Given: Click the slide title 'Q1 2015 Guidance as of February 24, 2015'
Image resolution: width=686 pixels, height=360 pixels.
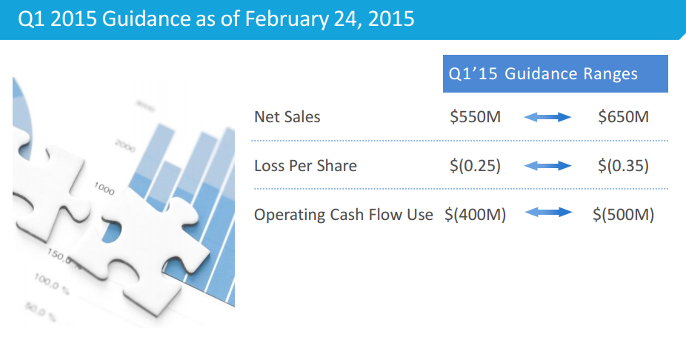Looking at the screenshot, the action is (x=216, y=19).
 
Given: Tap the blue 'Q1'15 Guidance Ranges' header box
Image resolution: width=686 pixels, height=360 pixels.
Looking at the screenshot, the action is (x=555, y=73).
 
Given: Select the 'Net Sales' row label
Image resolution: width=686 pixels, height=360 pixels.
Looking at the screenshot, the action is (x=287, y=117).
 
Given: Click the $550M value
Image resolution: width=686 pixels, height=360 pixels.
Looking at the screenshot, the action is (x=475, y=117).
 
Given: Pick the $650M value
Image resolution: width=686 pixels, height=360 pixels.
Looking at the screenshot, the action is (x=623, y=117).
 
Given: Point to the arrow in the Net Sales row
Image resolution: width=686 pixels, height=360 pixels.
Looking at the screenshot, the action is (x=547, y=117).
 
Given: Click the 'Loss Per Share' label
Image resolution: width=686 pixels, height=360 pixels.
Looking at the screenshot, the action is (x=305, y=166).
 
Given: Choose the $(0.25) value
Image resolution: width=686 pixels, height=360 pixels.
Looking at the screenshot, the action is (x=475, y=166).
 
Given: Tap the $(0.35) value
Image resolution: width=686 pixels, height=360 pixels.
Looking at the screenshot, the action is (x=623, y=166).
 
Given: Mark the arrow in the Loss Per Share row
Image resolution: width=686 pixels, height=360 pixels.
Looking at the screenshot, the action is (x=547, y=166).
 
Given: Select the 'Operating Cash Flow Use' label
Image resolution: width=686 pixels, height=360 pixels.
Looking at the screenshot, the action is (x=344, y=215).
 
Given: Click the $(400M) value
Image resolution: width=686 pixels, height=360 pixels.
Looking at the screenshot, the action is (x=475, y=215).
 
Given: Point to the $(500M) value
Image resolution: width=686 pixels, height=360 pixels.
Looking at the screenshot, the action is (x=623, y=215).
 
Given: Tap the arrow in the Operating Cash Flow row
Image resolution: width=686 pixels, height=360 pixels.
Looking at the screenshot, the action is (x=547, y=213).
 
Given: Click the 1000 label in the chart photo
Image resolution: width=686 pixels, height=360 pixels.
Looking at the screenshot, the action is (x=104, y=189).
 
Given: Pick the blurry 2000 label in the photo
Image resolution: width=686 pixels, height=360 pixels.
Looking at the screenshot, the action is (x=125, y=146).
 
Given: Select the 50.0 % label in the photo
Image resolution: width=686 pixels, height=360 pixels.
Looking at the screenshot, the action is (x=40, y=311).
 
